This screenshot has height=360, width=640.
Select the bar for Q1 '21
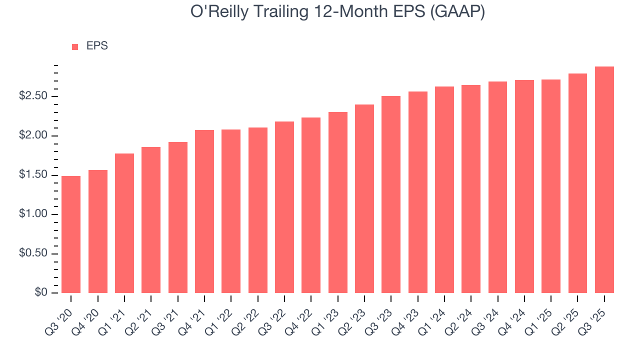(x=124, y=223)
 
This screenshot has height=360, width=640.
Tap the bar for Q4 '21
(x=204, y=211)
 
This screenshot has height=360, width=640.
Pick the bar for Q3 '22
(x=284, y=207)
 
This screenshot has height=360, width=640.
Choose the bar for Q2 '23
(x=364, y=198)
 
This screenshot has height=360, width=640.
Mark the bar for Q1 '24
(x=444, y=189)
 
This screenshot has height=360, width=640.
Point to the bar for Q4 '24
(x=524, y=186)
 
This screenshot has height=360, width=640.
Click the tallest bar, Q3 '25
(x=604, y=179)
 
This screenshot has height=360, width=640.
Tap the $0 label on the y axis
(x=42, y=292)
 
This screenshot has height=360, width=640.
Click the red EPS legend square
(x=75, y=46)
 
